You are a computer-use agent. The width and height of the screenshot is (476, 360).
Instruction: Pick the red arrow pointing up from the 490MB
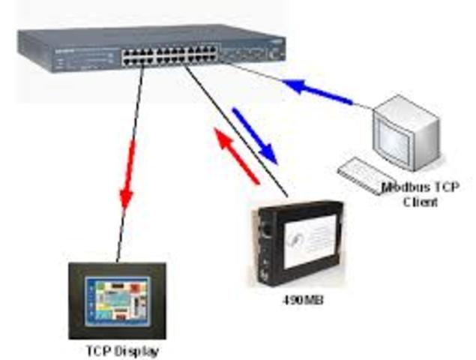coord(236,154)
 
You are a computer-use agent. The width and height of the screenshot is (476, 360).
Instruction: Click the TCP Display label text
coord(122,349)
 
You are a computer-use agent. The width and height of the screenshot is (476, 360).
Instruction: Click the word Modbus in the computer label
coord(400,187)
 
